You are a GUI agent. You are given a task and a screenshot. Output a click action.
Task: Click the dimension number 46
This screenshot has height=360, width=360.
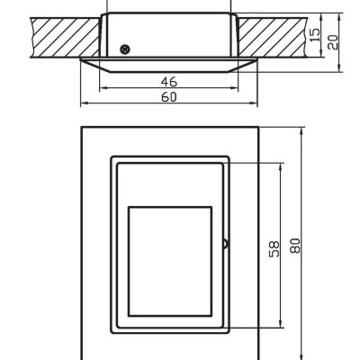coord(168,81)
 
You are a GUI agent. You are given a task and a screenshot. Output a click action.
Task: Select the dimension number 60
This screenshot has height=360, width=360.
coord(168,96)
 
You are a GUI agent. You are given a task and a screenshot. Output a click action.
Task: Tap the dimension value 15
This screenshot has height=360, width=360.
coord(312,33)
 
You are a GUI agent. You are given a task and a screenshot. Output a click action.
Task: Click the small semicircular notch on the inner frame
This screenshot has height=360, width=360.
coord(225,243)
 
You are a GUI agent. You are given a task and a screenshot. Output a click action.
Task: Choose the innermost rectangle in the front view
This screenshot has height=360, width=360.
coord(170,260)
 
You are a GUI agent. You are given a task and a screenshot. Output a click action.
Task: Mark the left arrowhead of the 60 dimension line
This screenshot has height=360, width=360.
coord(83,103)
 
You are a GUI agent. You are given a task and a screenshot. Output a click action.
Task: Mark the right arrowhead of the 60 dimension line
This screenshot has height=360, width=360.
coord(255,103)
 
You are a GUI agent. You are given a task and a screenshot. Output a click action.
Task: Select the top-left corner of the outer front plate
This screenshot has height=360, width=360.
coord(82,126)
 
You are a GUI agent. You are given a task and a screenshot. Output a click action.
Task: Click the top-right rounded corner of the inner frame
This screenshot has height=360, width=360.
coord(227,159)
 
